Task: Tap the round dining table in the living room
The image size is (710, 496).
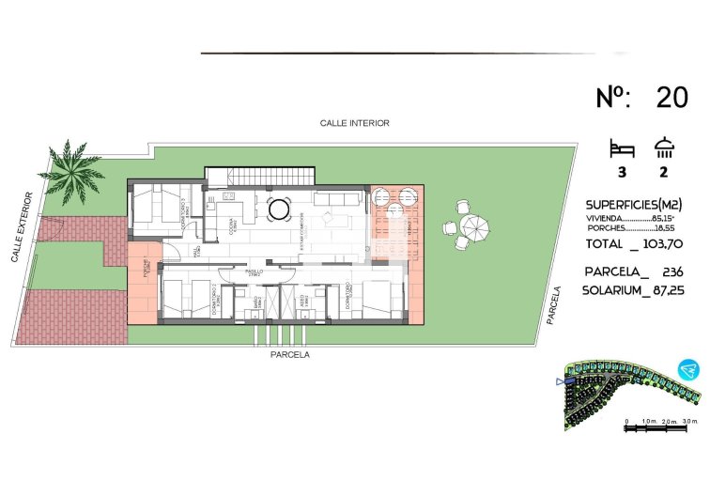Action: pyautogui.click(x=279, y=209)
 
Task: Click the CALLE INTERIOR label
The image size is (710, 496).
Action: pyautogui.click(x=354, y=123)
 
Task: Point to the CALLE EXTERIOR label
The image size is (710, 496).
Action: pyautogui.click(x=23, y=226)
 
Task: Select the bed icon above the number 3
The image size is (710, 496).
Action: pyautogui.click(x=622, y=147)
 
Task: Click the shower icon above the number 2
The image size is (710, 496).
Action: pyautogui.click(x=665, y=147)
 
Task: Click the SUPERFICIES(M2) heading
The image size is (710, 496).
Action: pyautogui.click(x=633, y=204)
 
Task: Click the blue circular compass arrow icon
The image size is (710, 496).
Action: pyautogui.click(x=690, y=369)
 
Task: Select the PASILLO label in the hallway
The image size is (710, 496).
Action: pyautogui.click(x=255, y=271)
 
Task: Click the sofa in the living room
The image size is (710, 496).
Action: pyautogui.click(x=335, y=200)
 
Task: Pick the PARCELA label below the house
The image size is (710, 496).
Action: pyautogui.click(x=289, y=355)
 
